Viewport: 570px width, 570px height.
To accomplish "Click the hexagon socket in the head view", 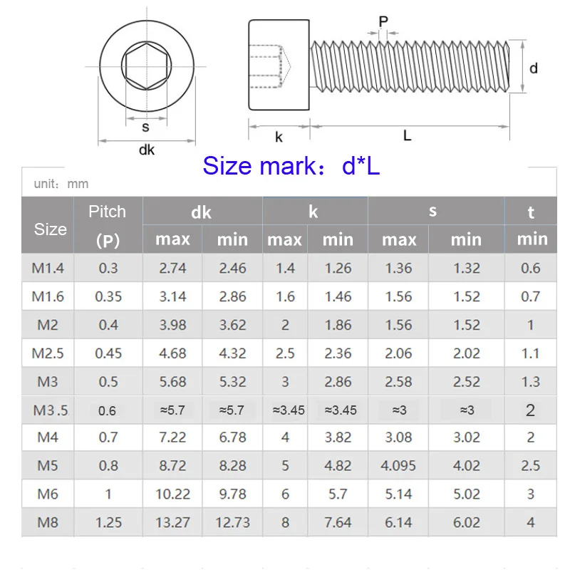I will coord(146,66).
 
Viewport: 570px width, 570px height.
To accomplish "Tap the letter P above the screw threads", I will coord(383,22).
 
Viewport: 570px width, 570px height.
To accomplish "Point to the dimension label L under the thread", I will coord(407,135).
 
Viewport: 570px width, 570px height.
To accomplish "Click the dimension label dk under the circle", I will coord(146,150).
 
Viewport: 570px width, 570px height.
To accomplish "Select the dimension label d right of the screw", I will coord(534,68).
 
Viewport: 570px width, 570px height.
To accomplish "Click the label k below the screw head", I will coord(279,136).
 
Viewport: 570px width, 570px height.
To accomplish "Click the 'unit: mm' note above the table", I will coord(61,184).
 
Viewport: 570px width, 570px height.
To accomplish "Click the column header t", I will coord(531,212).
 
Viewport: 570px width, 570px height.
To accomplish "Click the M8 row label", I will coord(47,522).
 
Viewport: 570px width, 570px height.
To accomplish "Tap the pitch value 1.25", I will coord(108,522).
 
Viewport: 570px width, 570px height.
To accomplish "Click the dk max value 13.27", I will coord(172,522).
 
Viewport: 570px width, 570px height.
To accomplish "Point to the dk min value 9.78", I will coord(232,494).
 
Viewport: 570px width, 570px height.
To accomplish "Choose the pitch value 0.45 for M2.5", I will coord(108,353).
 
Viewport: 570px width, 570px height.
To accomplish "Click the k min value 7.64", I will coord(338,522).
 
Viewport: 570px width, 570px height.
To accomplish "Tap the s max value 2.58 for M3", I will coord(398,382).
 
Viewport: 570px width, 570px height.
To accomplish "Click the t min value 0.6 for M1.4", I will coord(530,269).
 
